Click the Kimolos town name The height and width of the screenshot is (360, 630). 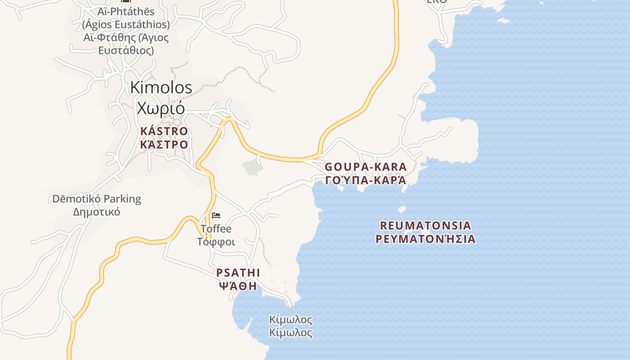click(x=161, y=88)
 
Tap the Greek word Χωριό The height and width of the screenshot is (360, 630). click(x=161, y=108)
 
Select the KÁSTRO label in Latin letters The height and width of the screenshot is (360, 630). click(x=164, y=131)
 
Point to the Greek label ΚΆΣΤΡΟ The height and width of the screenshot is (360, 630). click(x=164, y=144)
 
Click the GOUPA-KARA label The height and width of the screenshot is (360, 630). click(x=365, y=167)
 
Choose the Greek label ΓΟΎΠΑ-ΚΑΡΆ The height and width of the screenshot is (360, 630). click(x=365, y=180)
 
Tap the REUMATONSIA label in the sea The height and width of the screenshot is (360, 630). click(x=425, y=225)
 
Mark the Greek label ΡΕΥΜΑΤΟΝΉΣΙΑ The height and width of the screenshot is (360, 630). click(x=425, y=238)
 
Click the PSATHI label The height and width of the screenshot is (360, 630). click(x=238, y=273)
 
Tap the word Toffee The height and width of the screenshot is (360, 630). click(x=216, y=229)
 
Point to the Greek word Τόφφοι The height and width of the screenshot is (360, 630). click(x=216, y=242)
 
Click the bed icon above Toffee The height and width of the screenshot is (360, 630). click(x=216, y=216)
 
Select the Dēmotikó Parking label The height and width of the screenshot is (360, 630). click(x=97, y=199)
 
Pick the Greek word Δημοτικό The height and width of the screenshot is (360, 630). click(x=97, y=211)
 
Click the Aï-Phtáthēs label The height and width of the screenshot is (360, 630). click(x=126, y=11)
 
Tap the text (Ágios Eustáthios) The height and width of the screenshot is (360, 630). click(x=126, y=24)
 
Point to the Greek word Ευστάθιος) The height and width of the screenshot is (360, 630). click(x=126, y=50)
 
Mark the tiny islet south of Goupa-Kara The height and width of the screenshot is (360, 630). click(x=402, y=209)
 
